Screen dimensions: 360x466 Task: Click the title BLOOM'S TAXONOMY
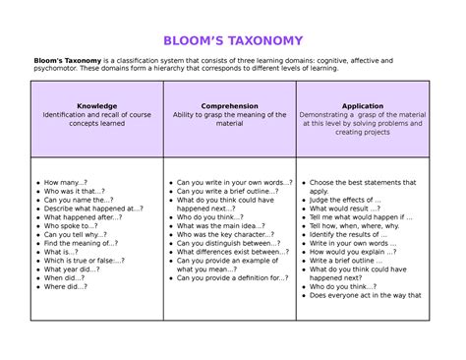[232, 40]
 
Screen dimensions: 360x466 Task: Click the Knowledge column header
[96, 105]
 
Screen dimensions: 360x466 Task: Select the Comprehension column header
[229, 105]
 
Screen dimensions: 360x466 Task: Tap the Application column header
[362, 105]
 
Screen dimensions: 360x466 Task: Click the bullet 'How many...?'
[66, 183]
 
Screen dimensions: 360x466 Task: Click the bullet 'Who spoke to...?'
[70, 226]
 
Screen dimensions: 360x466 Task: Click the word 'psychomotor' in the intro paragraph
[56, 70]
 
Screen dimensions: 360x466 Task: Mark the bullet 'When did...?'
[65, 278]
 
